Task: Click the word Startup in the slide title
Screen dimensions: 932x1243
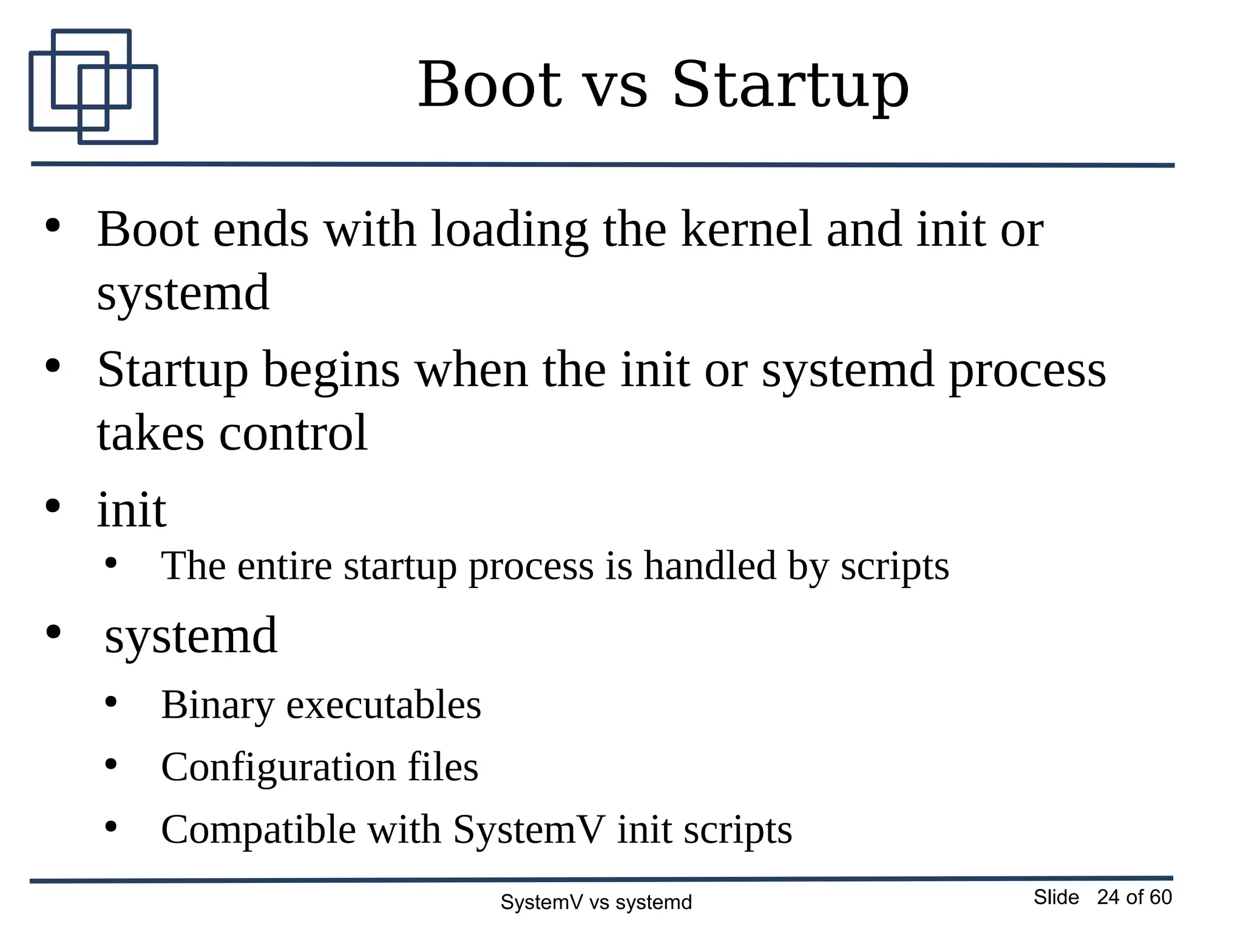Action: [790, 86]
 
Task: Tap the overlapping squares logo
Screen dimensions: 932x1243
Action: [93, 87]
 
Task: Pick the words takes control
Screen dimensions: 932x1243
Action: [232, 433]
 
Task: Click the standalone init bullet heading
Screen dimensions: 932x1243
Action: [132, 510]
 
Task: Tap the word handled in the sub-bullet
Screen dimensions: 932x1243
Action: [710, 566]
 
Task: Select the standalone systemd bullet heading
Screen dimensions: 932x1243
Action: [191, 635]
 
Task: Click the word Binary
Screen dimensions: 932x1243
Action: [217, 706]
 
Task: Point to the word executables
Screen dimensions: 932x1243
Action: [384, 705]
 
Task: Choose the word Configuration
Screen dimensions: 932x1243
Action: [278, 768]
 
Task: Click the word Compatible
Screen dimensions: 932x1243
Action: [258, 830]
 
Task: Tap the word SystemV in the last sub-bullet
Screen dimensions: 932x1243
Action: [529, 829]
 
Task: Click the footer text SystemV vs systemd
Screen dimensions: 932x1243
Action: [595, 903]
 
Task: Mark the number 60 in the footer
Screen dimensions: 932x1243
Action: [1160, 897]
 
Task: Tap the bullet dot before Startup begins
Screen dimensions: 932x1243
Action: [53, 366]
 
